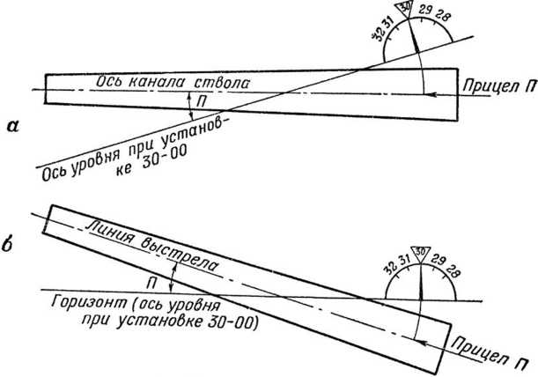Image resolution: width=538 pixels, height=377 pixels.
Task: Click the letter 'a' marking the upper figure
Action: [x=14, y=127]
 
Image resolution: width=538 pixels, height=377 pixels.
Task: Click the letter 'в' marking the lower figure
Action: [x=8, y=245]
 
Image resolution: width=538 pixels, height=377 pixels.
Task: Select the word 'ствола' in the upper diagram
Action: [x=222, y=83]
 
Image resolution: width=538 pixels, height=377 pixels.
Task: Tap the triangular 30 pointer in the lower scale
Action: [x=420, y=253]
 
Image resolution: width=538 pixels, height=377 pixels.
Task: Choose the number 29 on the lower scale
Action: [x=438, y=261]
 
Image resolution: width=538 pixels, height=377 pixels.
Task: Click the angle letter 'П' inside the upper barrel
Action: [x=203, y=102]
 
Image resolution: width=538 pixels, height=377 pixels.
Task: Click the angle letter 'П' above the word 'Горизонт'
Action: [x=151, y=284]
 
